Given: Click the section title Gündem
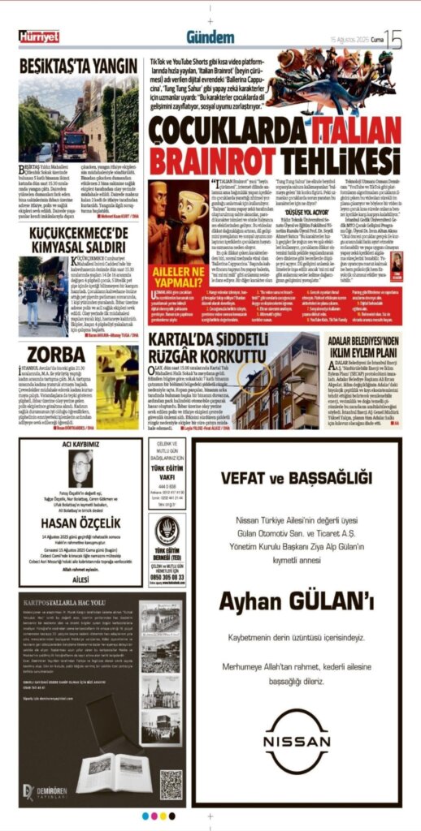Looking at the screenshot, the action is [x=210, y=37].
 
